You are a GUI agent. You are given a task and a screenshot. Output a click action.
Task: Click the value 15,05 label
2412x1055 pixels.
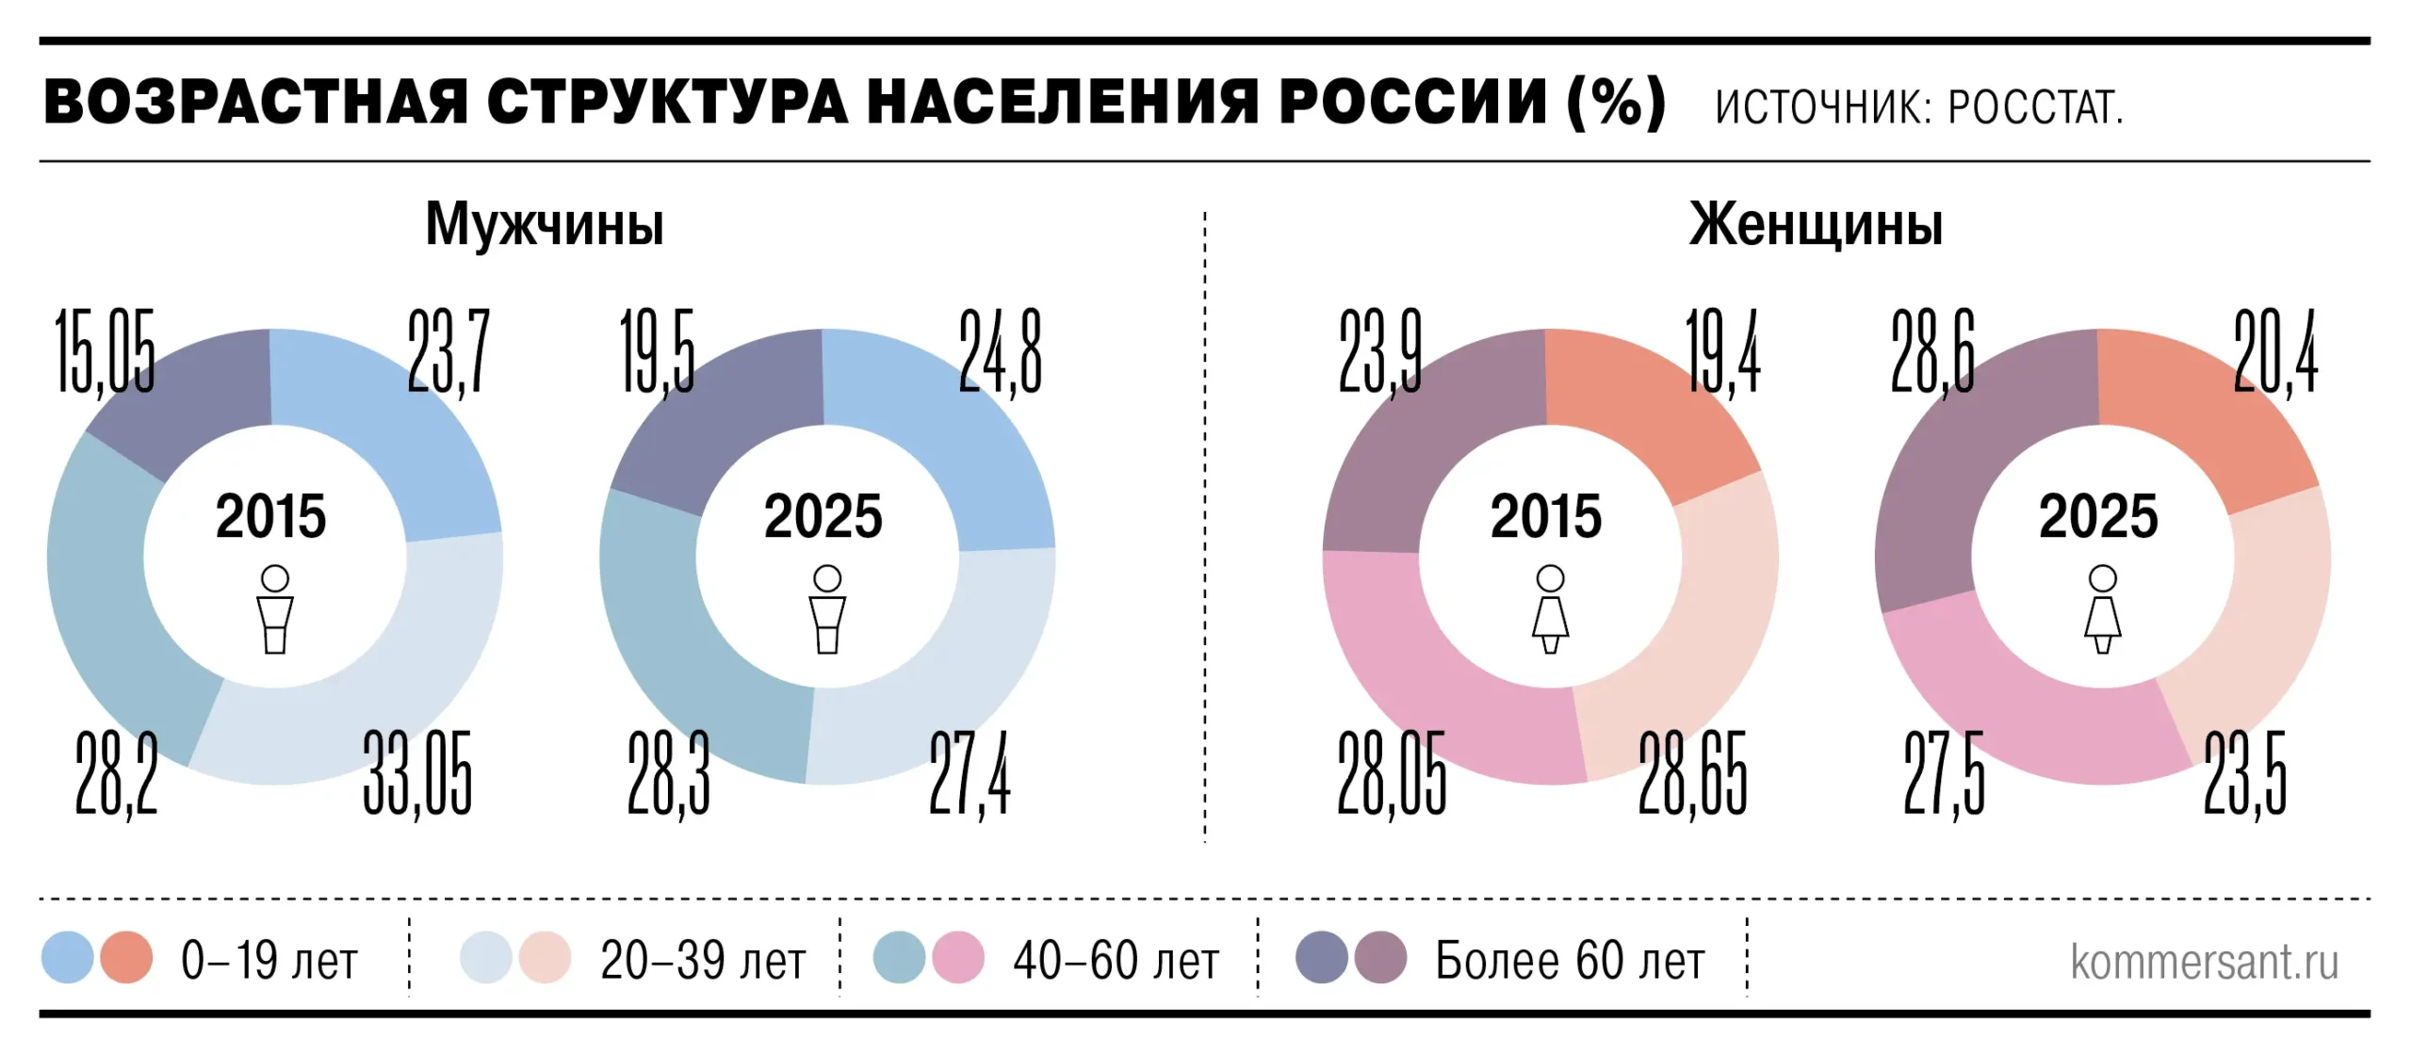[105, 350]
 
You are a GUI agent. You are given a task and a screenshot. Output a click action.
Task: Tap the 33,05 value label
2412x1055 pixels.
[417, 772]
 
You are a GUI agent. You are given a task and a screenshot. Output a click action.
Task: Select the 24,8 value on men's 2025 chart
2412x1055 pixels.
[1001, 350]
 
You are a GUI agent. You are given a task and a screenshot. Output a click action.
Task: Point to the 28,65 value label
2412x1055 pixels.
[1692, 772]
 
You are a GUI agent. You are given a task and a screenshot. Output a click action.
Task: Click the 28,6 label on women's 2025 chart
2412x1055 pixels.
[1932, 350]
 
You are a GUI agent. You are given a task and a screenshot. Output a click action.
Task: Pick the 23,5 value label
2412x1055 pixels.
[2245, 772]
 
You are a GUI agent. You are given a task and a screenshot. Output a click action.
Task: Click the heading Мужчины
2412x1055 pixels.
[545, 224]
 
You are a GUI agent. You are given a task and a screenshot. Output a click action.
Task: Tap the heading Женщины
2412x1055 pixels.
[1816, 224]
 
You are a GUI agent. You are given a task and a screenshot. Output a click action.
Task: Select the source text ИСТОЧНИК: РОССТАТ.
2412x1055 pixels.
[1918, 107]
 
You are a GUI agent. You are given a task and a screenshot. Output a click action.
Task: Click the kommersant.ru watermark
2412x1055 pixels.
[2204, 961]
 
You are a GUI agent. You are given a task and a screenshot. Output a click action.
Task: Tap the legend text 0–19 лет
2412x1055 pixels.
[269, 961]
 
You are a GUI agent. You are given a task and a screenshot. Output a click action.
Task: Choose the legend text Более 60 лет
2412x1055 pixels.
[1570, 961]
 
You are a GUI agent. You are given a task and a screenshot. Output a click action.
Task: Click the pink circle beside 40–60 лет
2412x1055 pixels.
[958, 957]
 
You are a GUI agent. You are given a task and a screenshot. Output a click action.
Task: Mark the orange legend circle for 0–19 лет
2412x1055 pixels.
[126, 957]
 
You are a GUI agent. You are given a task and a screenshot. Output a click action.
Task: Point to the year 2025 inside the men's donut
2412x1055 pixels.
[823, 516]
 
